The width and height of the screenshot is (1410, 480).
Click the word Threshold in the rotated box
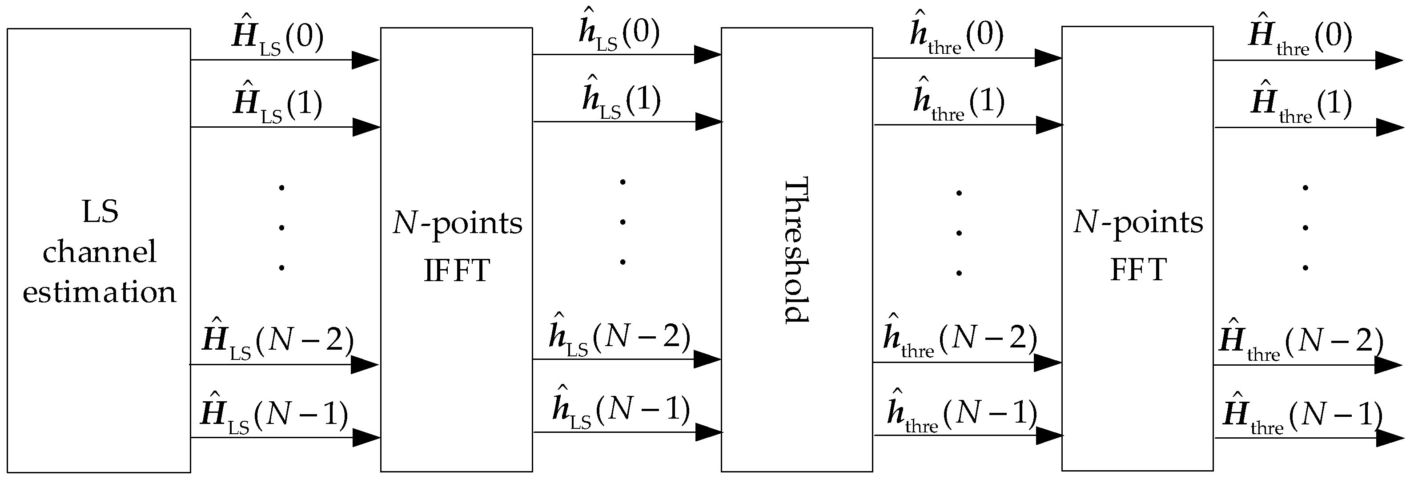click(796, 250)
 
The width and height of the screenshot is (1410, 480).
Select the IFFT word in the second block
click(457, 270)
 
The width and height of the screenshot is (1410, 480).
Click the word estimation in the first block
click(99, 292)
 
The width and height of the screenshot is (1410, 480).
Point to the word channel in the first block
click(99, 252)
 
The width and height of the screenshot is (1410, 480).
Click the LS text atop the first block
click(100, 211)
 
